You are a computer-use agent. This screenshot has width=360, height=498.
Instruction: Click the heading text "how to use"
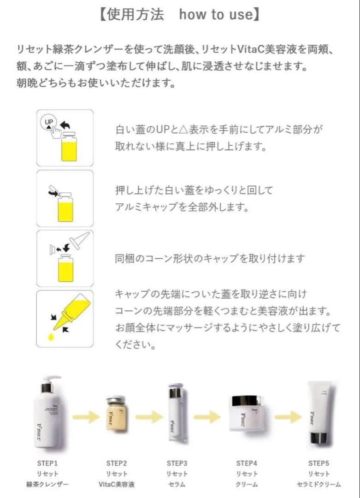tap(215, 15)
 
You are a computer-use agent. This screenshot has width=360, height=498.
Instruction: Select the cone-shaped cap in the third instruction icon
tap(78, 240)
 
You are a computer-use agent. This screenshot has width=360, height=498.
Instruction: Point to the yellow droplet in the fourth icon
tap(51, 338)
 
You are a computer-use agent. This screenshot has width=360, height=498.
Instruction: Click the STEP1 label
tap(47, 462)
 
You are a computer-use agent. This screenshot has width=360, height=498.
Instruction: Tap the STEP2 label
tap(116, 462)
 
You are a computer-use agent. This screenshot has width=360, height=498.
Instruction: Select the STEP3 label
tap(177, 462)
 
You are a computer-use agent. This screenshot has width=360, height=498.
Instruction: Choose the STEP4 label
tap(247, 462)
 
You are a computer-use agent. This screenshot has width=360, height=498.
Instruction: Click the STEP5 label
tap(319, 462)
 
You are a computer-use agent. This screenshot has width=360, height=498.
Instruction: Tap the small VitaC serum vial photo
tap(116, 413)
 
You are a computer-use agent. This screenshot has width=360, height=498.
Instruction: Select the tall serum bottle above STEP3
tap(177, 413)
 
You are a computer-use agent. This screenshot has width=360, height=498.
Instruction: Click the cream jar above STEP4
tap(247, 413)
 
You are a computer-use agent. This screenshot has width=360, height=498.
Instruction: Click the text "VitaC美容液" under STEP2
tap(116, 484)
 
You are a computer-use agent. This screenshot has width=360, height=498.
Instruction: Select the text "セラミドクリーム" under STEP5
tap(319, 484)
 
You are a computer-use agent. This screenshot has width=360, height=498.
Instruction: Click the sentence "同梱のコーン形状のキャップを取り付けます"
tap(210, 259)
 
